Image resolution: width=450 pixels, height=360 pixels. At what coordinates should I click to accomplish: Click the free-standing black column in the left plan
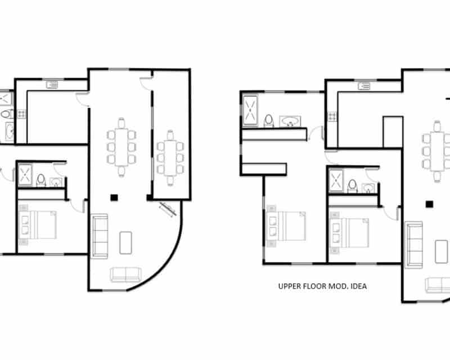114,197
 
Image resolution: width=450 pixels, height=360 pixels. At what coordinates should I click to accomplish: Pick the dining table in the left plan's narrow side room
170,157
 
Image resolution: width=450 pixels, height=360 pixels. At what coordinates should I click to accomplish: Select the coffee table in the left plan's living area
125,243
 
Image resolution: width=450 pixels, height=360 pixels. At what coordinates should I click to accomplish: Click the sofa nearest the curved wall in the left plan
125,274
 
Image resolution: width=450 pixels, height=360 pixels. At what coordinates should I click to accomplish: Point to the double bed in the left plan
38,225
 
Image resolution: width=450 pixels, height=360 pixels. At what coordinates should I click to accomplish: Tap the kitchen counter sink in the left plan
52,85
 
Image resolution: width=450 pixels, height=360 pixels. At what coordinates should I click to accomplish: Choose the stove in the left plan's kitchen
21,114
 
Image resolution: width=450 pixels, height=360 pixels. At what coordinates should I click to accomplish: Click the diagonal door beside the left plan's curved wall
168,209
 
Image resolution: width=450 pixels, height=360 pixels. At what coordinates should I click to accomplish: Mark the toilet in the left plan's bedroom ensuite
41,180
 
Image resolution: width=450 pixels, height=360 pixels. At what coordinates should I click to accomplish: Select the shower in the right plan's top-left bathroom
250,111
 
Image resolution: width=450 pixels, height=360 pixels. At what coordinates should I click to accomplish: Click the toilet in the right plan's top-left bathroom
269,120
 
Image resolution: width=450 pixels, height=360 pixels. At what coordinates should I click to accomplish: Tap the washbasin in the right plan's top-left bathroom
290,121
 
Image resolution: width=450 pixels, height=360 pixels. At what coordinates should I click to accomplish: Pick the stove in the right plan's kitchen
332,116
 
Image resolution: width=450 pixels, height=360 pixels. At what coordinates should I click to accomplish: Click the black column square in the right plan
429,204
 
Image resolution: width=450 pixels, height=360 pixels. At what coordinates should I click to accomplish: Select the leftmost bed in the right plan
286,226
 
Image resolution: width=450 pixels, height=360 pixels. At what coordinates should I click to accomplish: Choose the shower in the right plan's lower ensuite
336,181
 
